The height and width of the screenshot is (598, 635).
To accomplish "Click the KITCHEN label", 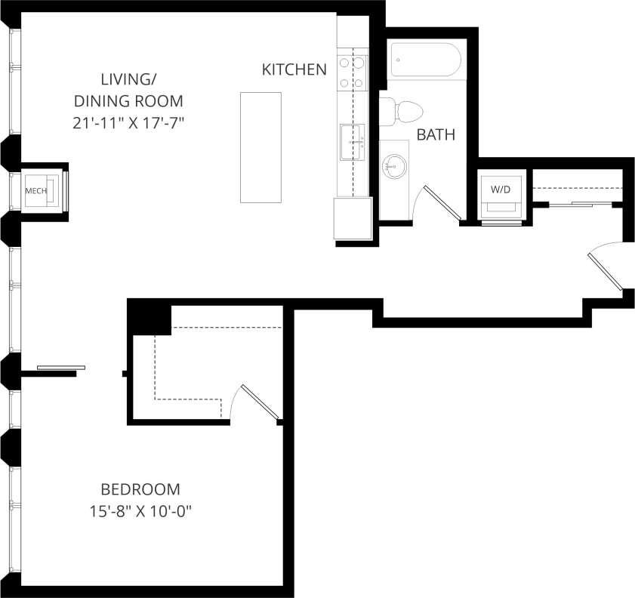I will [x=294, y=69].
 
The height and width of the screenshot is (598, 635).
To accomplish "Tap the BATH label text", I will [x=436, y=135].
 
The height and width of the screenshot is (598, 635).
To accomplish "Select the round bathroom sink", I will [x=393, y=165].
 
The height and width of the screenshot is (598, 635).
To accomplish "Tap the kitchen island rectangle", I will [x=260, y=147].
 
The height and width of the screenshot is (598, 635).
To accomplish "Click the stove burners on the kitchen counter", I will [x=353, y=73].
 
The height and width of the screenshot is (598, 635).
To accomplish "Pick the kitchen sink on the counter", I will [x=352, y=142].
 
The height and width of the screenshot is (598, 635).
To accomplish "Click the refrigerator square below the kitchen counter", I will [x=353, y=218].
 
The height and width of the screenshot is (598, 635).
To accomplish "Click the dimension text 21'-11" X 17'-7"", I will [x=128, y=123].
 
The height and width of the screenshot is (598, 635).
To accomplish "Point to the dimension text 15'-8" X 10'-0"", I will [x=140, y=511].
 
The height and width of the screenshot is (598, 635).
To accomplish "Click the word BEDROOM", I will [x=140, y=489].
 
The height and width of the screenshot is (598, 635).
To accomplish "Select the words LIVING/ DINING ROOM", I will [x=128, y=90].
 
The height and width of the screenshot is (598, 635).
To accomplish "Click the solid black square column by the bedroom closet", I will [x=150, y=317].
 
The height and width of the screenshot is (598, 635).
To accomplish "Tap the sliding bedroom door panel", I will [x=61, y=368].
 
